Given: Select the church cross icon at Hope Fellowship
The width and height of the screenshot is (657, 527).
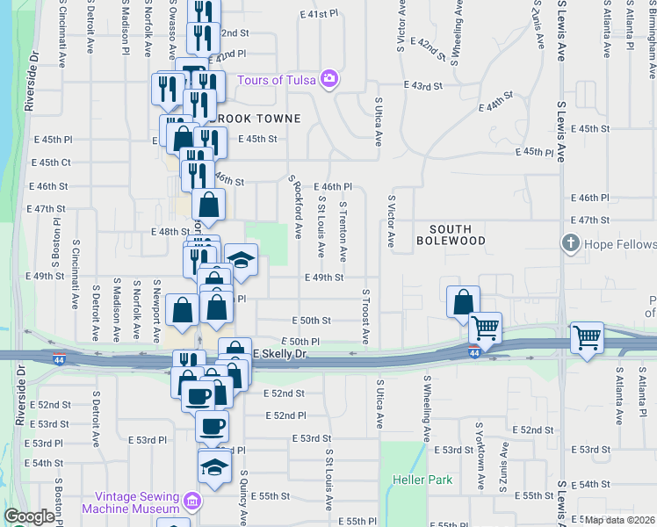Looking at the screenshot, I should [571, 243].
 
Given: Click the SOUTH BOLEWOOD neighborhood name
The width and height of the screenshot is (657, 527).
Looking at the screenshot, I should [451, 234].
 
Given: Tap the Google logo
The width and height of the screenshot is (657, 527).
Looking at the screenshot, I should [30, 516].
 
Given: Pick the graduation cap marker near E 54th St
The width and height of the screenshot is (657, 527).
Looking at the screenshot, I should [213, 466].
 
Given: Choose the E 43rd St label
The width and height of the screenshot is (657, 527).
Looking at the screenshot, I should [423, 85].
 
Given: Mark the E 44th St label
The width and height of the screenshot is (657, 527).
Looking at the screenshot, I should [495, 102].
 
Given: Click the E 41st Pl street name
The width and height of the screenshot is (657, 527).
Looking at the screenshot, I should [318, 15].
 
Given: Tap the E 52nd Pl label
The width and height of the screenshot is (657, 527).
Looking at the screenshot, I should [285, 415].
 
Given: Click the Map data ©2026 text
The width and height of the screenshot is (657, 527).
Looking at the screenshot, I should [620, 520].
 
